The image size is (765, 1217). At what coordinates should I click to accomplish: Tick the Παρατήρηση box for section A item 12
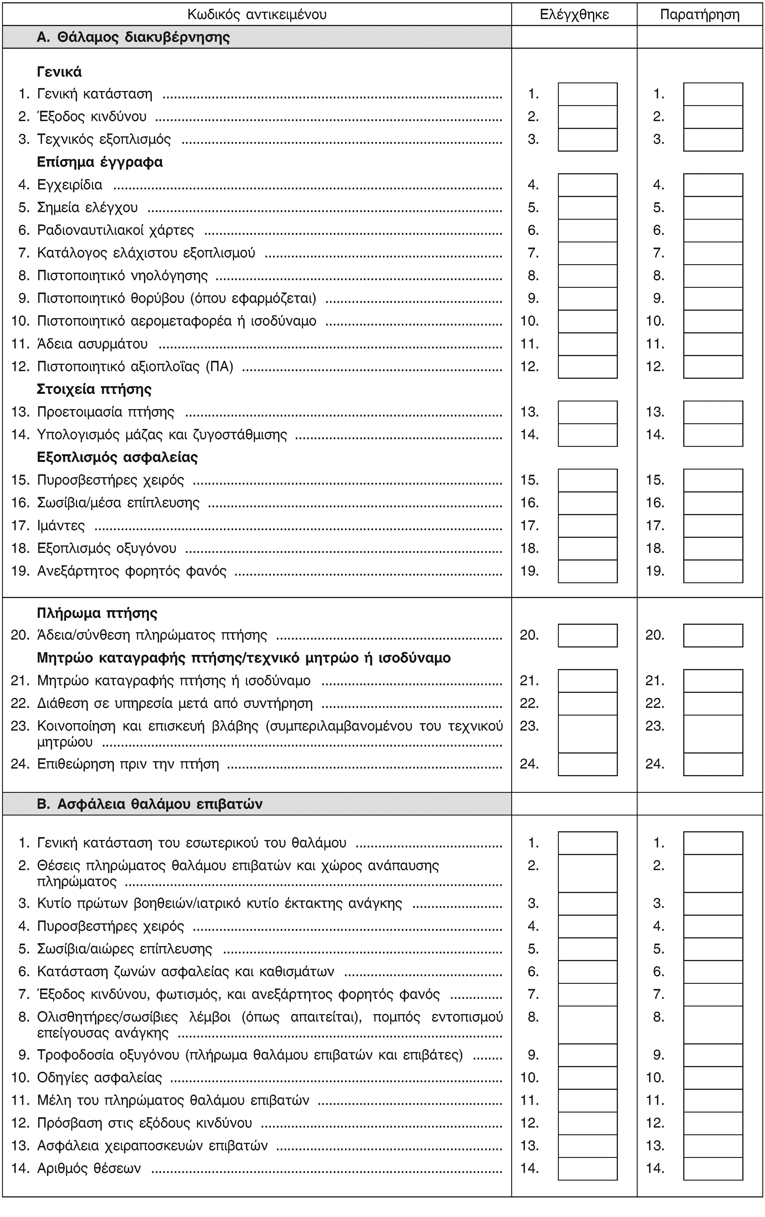(x=713, y=367)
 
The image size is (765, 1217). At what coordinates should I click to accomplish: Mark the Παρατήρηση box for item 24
(x=713, y=764)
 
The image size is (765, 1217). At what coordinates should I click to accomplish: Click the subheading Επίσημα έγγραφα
(x=100, y=162)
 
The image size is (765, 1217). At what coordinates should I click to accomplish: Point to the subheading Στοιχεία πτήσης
(x=95, y=389)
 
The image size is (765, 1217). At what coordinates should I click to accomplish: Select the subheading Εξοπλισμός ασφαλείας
(x=117, y=457)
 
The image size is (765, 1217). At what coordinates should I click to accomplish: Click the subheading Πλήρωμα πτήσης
(x=97, y=613)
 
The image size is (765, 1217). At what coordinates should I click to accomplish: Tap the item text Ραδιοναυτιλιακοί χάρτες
(x=116, y=231)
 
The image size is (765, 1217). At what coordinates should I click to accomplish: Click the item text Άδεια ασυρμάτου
(x=93, y=344)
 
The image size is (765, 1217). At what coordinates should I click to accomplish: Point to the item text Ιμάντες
(x=61, y=526)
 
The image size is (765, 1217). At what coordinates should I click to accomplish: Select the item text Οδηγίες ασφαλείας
(x=99, y=1077)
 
